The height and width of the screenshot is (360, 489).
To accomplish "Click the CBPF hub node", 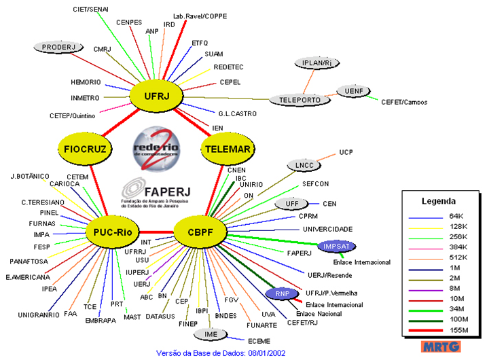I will (200, 233).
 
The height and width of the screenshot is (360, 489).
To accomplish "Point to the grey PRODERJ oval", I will (58, 47).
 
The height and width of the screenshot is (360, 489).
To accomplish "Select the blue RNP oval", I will (280, 293).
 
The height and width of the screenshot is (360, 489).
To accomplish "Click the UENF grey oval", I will (354, 91).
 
